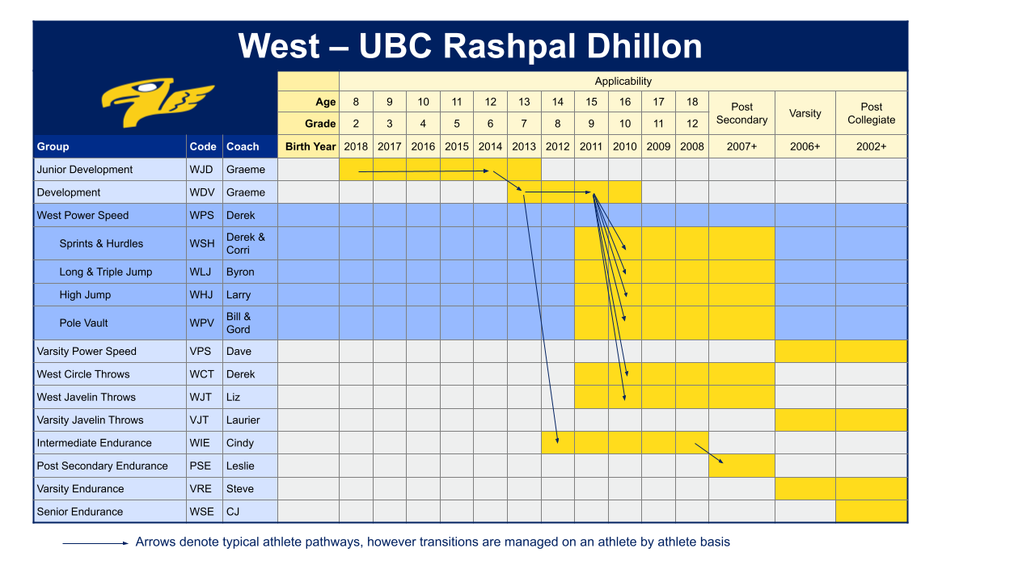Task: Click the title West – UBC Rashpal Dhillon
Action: point(470,46)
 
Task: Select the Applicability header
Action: point(623,81)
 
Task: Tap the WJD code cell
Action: point(203,170)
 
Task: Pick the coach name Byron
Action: point(240,272)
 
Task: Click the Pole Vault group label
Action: point(83,323)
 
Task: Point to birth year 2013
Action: point(524,146)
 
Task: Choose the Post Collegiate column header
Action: point(871,113)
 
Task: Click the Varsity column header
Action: point(805,113)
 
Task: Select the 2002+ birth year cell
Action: point(871,146)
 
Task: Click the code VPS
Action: point(202,352)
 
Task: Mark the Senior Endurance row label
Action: point(80,512)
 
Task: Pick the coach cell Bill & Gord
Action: point(239,323)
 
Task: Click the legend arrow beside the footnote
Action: point(95,543)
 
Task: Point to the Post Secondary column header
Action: point(741,113)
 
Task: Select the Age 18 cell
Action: point(691,102)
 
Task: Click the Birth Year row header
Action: point(310,146)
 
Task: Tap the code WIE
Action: point(202,443)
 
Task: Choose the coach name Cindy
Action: point(240,443)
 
